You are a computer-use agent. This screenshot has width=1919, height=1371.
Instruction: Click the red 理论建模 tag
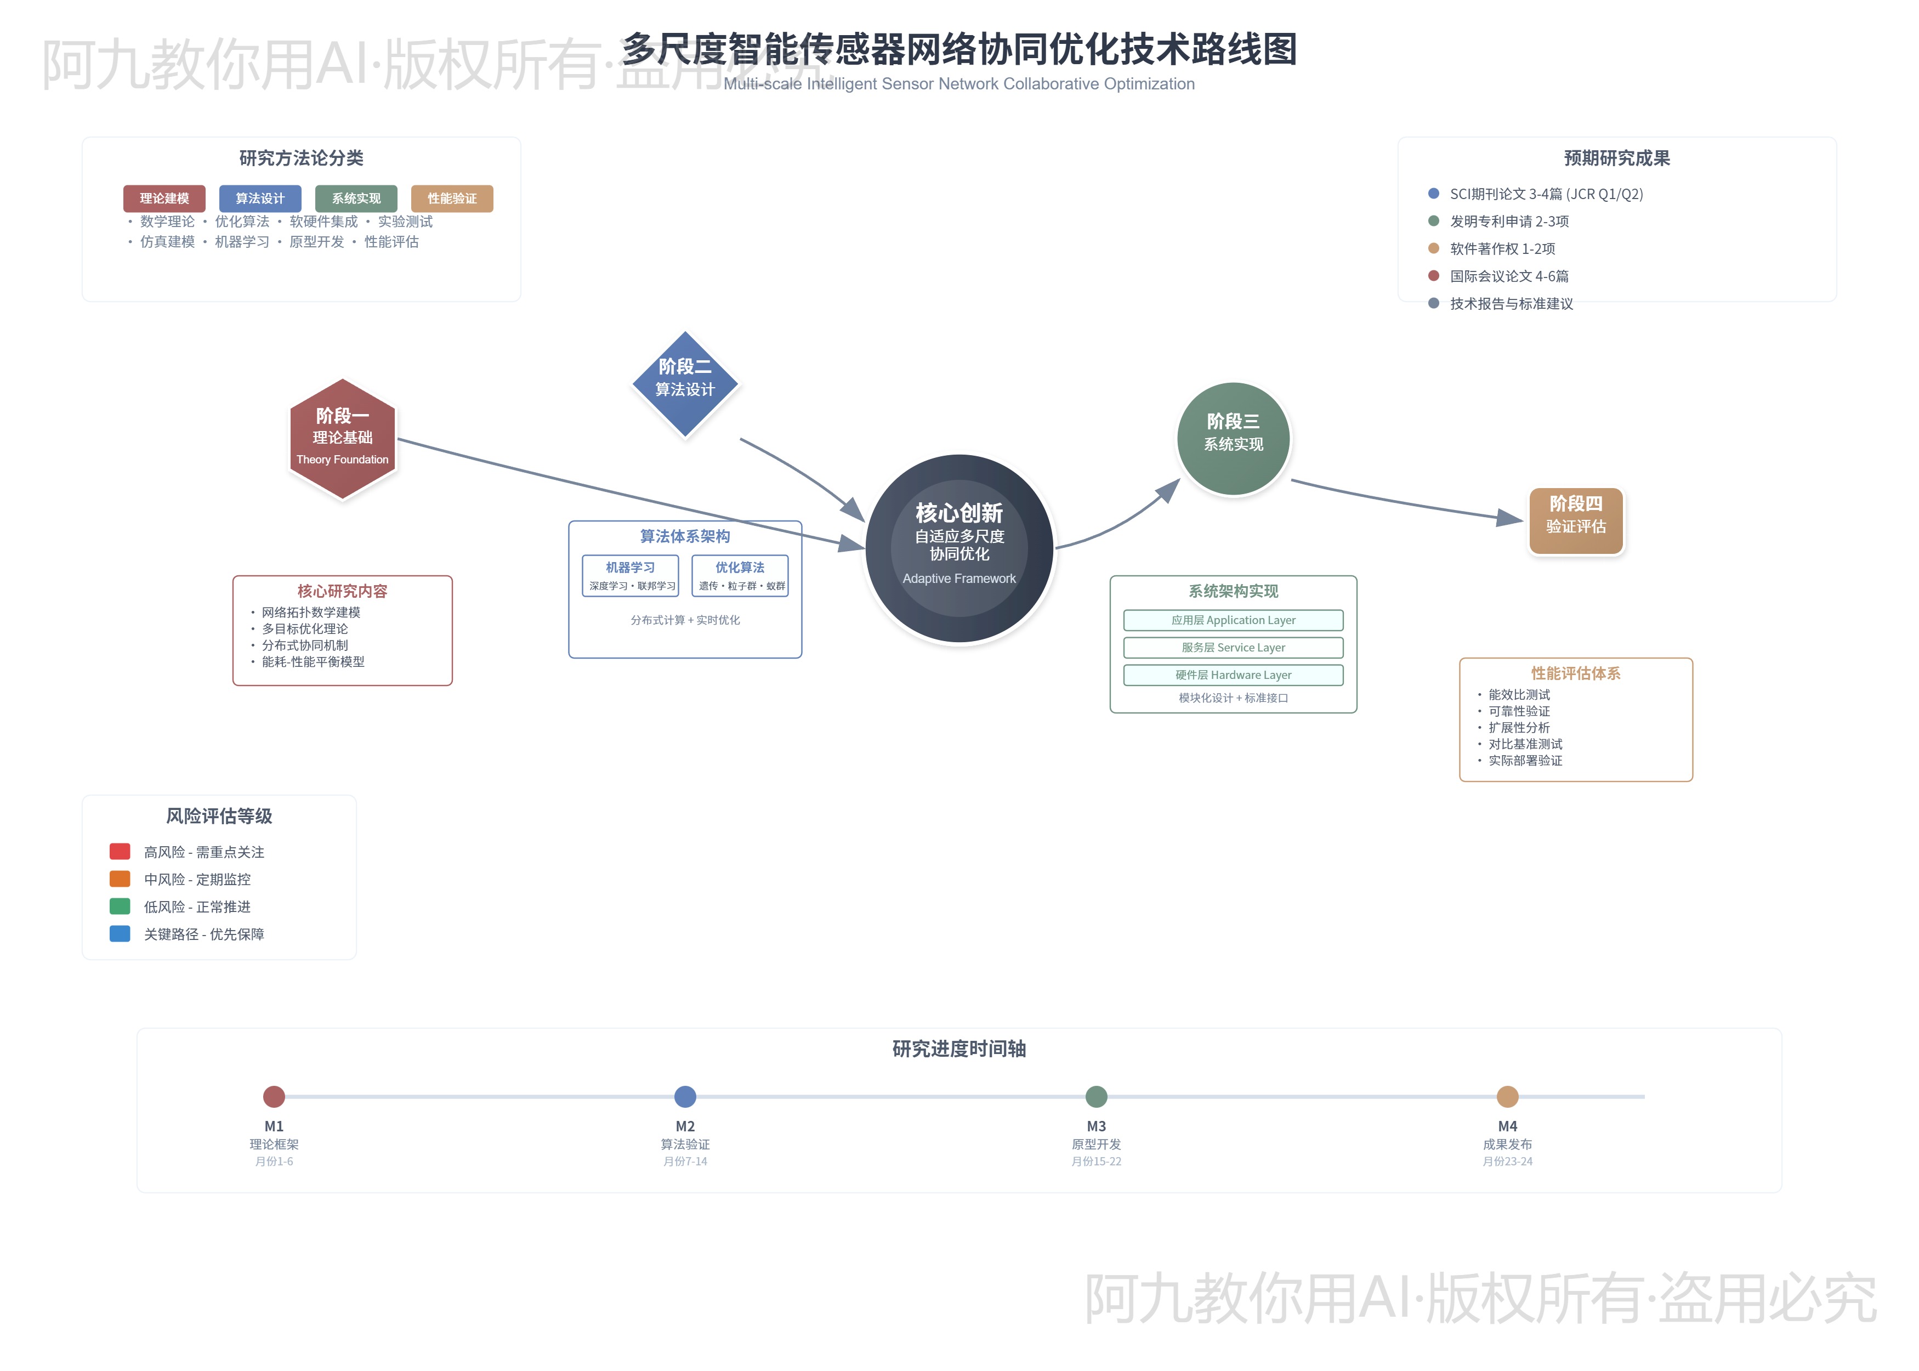tap(164, 199)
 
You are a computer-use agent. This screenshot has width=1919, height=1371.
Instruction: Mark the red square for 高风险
tap(120, 851)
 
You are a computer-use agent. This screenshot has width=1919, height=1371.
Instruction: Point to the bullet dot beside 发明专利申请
tap(1433, 220)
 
